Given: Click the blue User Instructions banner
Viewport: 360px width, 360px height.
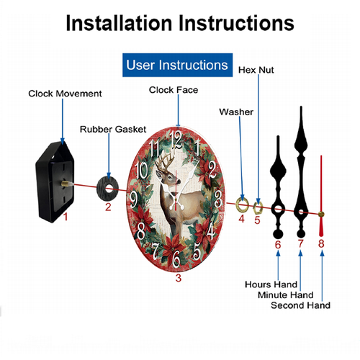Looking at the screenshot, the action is coord(177,65).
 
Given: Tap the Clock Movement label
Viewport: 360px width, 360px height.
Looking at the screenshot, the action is coord(65,94).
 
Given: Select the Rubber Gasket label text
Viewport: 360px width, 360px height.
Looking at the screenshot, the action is coord(113,130).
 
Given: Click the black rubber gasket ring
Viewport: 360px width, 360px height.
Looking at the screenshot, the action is coord(107,189).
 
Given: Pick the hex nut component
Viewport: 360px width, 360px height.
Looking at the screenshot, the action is coord(258,208).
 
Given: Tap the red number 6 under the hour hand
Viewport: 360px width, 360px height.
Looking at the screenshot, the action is coord(278,245).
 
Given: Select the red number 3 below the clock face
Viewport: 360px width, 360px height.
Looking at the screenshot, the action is coord(178,278).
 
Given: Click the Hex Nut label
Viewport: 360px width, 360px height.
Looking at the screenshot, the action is coord(256,70).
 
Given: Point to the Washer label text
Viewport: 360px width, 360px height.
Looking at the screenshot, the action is coord(236,112).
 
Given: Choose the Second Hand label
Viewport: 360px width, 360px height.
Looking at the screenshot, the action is coord(300,305).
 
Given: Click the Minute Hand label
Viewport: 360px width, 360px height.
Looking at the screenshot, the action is coord(286,295).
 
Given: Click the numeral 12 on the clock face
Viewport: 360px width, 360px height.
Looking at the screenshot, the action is coord(176,140).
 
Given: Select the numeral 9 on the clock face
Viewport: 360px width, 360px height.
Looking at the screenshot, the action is coord(133,199).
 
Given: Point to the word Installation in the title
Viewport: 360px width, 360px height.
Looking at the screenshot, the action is coord(119,23).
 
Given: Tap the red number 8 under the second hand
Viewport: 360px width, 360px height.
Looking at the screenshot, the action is coord(321,243).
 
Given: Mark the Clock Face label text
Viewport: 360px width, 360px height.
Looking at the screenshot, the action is coord(174,90).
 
